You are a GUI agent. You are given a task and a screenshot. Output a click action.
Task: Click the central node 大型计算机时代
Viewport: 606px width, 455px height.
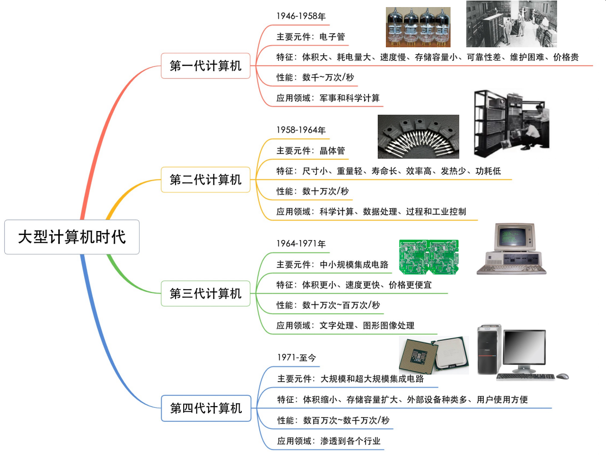pyautogui.click(x=72, y=237)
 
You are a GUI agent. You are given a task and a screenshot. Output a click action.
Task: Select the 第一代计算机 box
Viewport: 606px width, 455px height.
pyautogui.click(x=205, y=66)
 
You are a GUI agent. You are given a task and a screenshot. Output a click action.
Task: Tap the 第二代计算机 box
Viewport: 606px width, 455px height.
pyautogui.click(x=205, y=180)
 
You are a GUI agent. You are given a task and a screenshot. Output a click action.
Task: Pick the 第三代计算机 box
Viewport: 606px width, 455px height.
pyautogui.click(x=205, y=294)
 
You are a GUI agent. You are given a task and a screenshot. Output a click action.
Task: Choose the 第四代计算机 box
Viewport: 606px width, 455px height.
pyautogui.click(x=206, y=408)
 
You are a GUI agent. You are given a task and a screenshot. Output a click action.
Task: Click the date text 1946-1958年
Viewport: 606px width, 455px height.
pyautogui.click(x=301, y=16)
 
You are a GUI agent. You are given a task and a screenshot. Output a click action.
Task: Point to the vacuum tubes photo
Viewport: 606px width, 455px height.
pyautogui.click(x=418, y=27)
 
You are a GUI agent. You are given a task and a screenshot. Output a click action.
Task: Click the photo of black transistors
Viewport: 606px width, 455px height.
pyautogui.click(x=418, y=136)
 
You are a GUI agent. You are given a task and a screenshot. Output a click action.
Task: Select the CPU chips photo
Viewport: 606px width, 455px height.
pyautogui.click(x=433, y=354)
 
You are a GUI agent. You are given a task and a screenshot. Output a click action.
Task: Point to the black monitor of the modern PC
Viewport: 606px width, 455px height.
pyautogui.click(x=524, y=351)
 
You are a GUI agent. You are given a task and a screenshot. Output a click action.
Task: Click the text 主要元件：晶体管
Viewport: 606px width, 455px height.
pyautogui.click(x=310, y=151)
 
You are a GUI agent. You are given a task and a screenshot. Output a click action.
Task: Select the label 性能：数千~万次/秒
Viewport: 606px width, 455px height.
pyautogui.click(x=315, y=78)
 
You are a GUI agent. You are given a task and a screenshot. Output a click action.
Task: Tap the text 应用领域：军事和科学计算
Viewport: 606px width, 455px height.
pyautogui.click(x=328, y=98)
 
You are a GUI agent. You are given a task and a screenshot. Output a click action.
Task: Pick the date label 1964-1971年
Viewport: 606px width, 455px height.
pyautogui.click(x=301, y=244)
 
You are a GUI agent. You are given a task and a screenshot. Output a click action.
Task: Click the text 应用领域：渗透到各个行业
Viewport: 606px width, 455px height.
pyautogui.click(x=328, y=441)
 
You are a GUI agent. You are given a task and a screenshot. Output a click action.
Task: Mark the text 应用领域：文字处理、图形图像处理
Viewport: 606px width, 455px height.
pyautogui.click(x=345, y=326)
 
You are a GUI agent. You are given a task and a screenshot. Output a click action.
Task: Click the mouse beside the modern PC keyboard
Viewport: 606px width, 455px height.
pyautogui.click(x=563, y=376)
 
